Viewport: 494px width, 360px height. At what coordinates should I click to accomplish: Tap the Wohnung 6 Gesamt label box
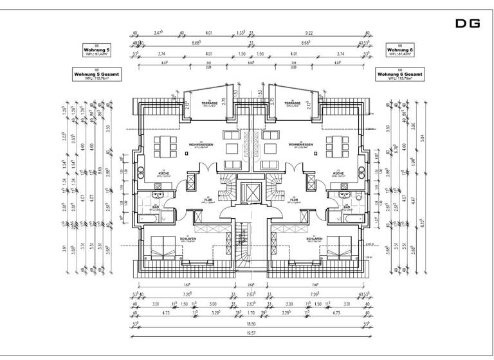pos(399,75)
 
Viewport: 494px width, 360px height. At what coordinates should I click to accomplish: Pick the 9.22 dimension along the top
pos(309,32)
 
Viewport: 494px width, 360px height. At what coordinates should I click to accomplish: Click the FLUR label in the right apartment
pos(293,199)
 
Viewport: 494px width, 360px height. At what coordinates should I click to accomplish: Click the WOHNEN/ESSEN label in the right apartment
pos(301,145)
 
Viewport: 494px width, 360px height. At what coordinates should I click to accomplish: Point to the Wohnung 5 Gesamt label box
pos(96,75)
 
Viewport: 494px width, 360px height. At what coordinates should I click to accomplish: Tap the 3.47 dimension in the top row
pos(158,32)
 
